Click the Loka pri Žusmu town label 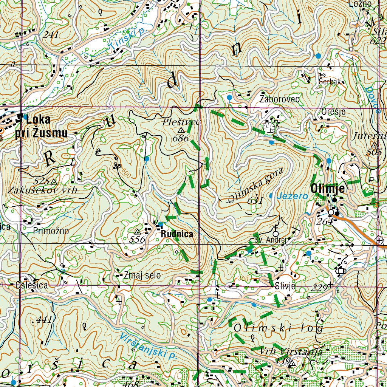click(42, 127)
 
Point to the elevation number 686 click(180, 138)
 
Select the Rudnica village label click(177, 234)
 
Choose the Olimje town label click(328, 188)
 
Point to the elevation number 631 click(255, 201)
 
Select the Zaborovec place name click(280, 99)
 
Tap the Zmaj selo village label click(142, 276)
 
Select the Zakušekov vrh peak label click(42, 190)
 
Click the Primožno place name click(51, 231)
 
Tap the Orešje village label click(333, 112)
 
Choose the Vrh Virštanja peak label click(291, 351)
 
